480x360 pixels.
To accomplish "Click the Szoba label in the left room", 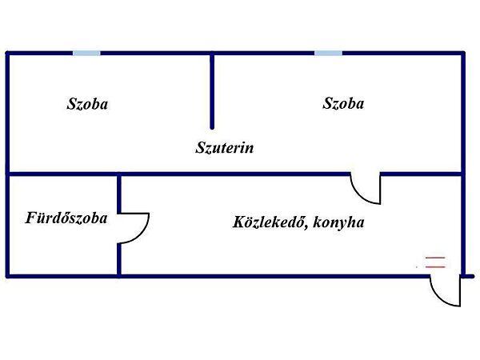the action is tap(87, 104).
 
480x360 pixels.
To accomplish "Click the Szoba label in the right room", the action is tap(343, 103).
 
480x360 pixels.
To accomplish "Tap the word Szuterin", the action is tap(224, 147).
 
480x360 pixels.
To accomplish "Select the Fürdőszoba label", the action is tap(66, 218).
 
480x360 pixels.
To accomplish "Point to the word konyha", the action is tap(338, 222).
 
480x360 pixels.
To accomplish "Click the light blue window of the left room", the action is tap(86, 54).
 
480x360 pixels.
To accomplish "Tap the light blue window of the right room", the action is tap(328, 54).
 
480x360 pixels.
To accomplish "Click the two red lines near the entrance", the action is tap(435, 262).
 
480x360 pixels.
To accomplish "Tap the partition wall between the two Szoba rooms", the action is tap(212, 91).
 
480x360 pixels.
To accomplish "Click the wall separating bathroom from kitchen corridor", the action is tap(119, 225).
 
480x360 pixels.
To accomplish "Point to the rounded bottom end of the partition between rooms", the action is tap(212, 128).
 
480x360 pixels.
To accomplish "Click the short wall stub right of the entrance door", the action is tap(468, 277).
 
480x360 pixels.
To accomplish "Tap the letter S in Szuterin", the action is tap(200, 147).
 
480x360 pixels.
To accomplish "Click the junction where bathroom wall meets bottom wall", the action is tap(119, 277).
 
